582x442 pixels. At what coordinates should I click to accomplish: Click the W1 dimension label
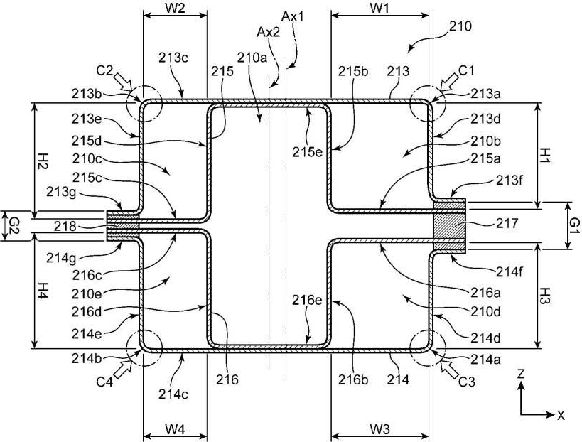(x=379, y=8)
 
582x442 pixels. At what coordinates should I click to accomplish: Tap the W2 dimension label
(x=175, y=8)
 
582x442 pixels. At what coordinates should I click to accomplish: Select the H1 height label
(x=546, y=156)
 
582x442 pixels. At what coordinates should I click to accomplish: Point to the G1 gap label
(x=574, y=226)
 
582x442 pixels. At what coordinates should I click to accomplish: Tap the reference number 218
(x=65, y=226)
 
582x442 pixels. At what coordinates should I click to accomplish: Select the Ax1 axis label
(x=293, y=16)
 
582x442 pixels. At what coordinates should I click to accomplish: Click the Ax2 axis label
(x=269, y=32)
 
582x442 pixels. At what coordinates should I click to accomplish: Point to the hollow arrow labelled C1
(x=450, y=82)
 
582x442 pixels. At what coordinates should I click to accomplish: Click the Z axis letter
(x=521, y=374)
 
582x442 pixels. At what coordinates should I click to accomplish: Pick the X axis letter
(x=561, y=415)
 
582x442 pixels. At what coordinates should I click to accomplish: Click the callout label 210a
(x=252, y=58)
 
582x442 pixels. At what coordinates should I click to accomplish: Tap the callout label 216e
(x=307, y=300)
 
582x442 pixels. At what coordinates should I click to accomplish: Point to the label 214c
(x=173, y=394)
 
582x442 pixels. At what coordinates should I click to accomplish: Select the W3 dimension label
(x=379, y=429)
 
